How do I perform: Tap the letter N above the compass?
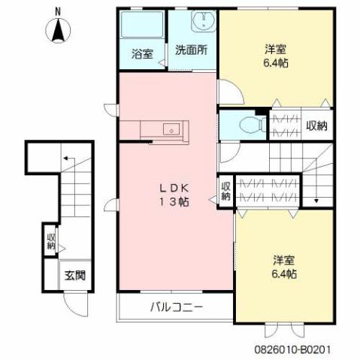pyautogui.click(x=58, y=9)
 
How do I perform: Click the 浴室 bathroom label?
pyautogui.click(x=142, y=53)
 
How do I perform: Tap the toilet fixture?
pyautogui.click(x=244, y=125)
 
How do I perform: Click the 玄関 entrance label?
pyautogui.click(x=74, y=275)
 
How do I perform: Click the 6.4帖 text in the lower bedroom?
pyautogui.click(x=283, y=274)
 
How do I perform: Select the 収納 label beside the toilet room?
pyautogui.click(x=316, y=126)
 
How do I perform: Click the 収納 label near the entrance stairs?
pyautogui.click(x=50, y=239)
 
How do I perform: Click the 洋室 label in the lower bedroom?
pyautogui.click(x=283, y=260)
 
